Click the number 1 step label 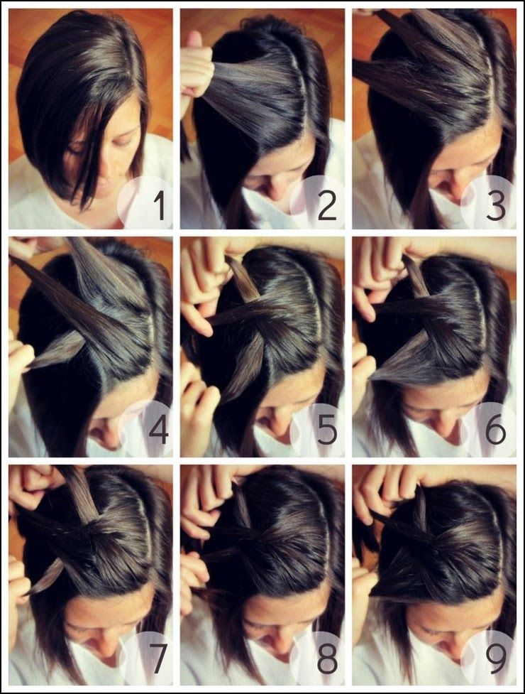pos(160,207)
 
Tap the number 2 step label pos(327,207)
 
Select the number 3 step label pos(496,207)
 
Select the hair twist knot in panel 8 pos(273,538)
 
